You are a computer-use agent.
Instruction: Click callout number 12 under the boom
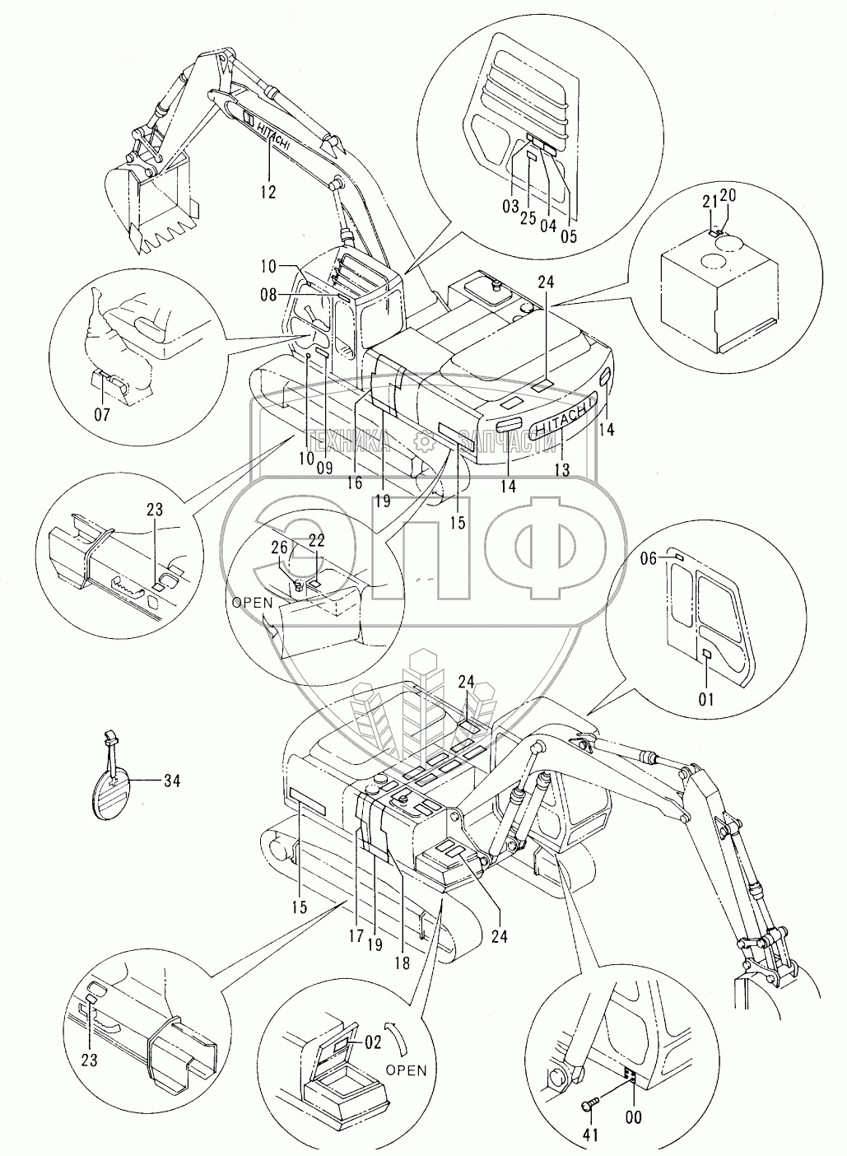tap(268, 193)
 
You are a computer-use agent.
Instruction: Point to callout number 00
tap(633, 1117)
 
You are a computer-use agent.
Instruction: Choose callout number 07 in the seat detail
tap(101, 415)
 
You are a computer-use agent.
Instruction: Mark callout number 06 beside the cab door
tap(648, 558)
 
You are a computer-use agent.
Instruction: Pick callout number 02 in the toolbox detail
tap(373, 1042)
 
